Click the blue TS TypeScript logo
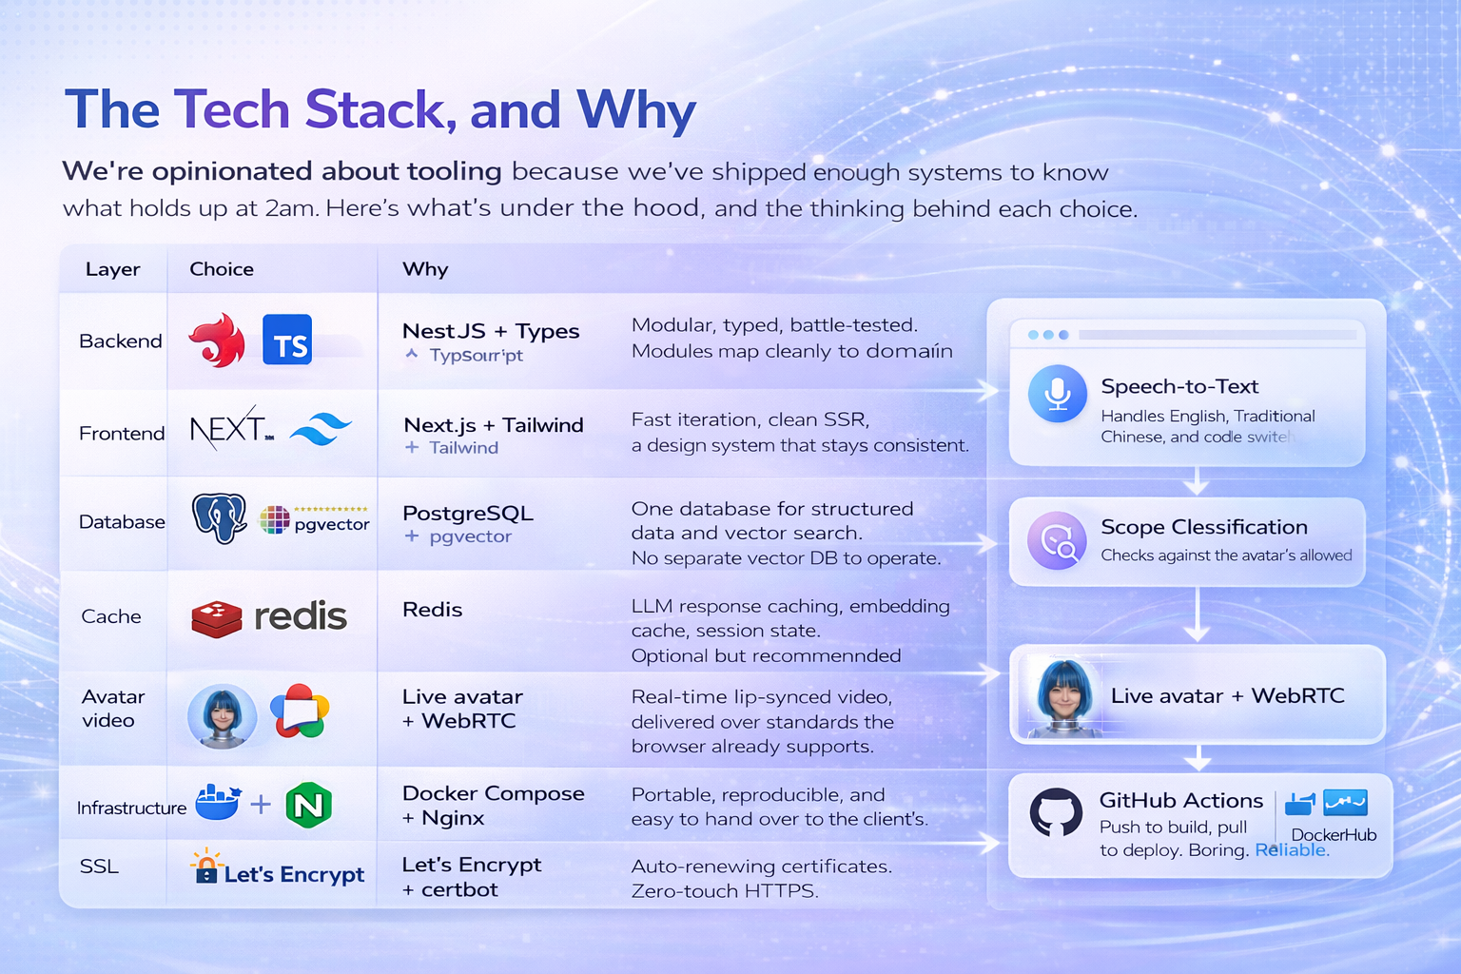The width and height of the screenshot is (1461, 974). coord(286,341)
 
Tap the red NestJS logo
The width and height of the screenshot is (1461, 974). coord(218,341)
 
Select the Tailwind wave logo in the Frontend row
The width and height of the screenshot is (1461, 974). coord(321,430)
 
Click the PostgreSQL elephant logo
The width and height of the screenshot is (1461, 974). coord(220,518)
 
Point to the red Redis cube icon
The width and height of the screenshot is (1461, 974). coord(217,618)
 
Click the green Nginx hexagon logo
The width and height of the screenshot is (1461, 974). coord(308,806)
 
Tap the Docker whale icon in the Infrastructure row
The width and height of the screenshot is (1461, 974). coord(218,803)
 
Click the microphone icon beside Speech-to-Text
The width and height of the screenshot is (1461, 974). coord(1058,393)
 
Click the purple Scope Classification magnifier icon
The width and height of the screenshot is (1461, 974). coord(1057,540)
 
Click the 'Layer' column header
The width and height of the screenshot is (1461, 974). coord(112,269)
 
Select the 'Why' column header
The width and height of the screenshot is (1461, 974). coord(425,269)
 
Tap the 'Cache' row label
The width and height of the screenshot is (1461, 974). coord(111,616)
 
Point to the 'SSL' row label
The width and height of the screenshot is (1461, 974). coord(99,867)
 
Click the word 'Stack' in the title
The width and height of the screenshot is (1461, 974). coord(374,109)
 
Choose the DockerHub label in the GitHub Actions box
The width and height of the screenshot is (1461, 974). coord(1334,835)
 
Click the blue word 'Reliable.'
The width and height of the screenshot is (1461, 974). coord(1292,849)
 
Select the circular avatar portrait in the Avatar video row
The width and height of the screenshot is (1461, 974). coord(223,715)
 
